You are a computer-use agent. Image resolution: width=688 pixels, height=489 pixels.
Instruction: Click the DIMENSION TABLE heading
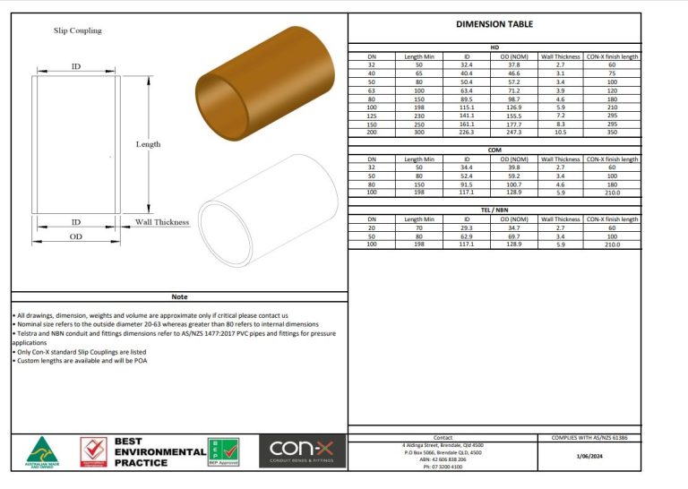[494, 25]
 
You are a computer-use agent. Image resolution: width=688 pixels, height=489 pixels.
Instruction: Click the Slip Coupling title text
[76, 30]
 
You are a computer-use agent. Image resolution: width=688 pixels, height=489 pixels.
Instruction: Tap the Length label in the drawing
[148, 143]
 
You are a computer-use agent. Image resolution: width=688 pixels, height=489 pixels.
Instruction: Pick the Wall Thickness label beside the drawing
[162, 222]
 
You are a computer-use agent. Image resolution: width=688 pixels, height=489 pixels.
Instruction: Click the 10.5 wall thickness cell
[560, 133]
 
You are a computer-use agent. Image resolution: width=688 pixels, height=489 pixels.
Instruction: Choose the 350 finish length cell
[612, 133]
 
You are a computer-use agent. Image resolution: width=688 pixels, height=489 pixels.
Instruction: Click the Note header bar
[179, 296]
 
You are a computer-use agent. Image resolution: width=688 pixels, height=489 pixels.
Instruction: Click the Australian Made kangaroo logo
[42, 451]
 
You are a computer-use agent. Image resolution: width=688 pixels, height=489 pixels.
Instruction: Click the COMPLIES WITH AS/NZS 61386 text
[589, 438]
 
